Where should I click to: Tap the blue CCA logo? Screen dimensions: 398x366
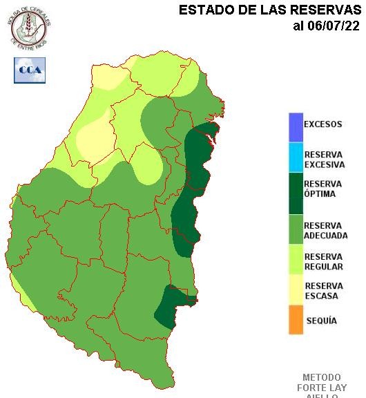coord(30,70)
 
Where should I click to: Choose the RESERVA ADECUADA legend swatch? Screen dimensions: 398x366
coord(296,229)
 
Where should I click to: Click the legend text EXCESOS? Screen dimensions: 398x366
coord(323,125)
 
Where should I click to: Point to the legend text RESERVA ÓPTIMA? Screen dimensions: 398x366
coord(323,189)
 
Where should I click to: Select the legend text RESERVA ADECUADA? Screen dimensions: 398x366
coord(325,231)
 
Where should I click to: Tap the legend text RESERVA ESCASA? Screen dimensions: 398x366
coord(323,291)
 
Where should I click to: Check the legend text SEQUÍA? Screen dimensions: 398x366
coord(321,321)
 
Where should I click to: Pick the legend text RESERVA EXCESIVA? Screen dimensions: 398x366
coord(324,160)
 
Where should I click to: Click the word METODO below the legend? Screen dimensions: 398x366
coord(322,378)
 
